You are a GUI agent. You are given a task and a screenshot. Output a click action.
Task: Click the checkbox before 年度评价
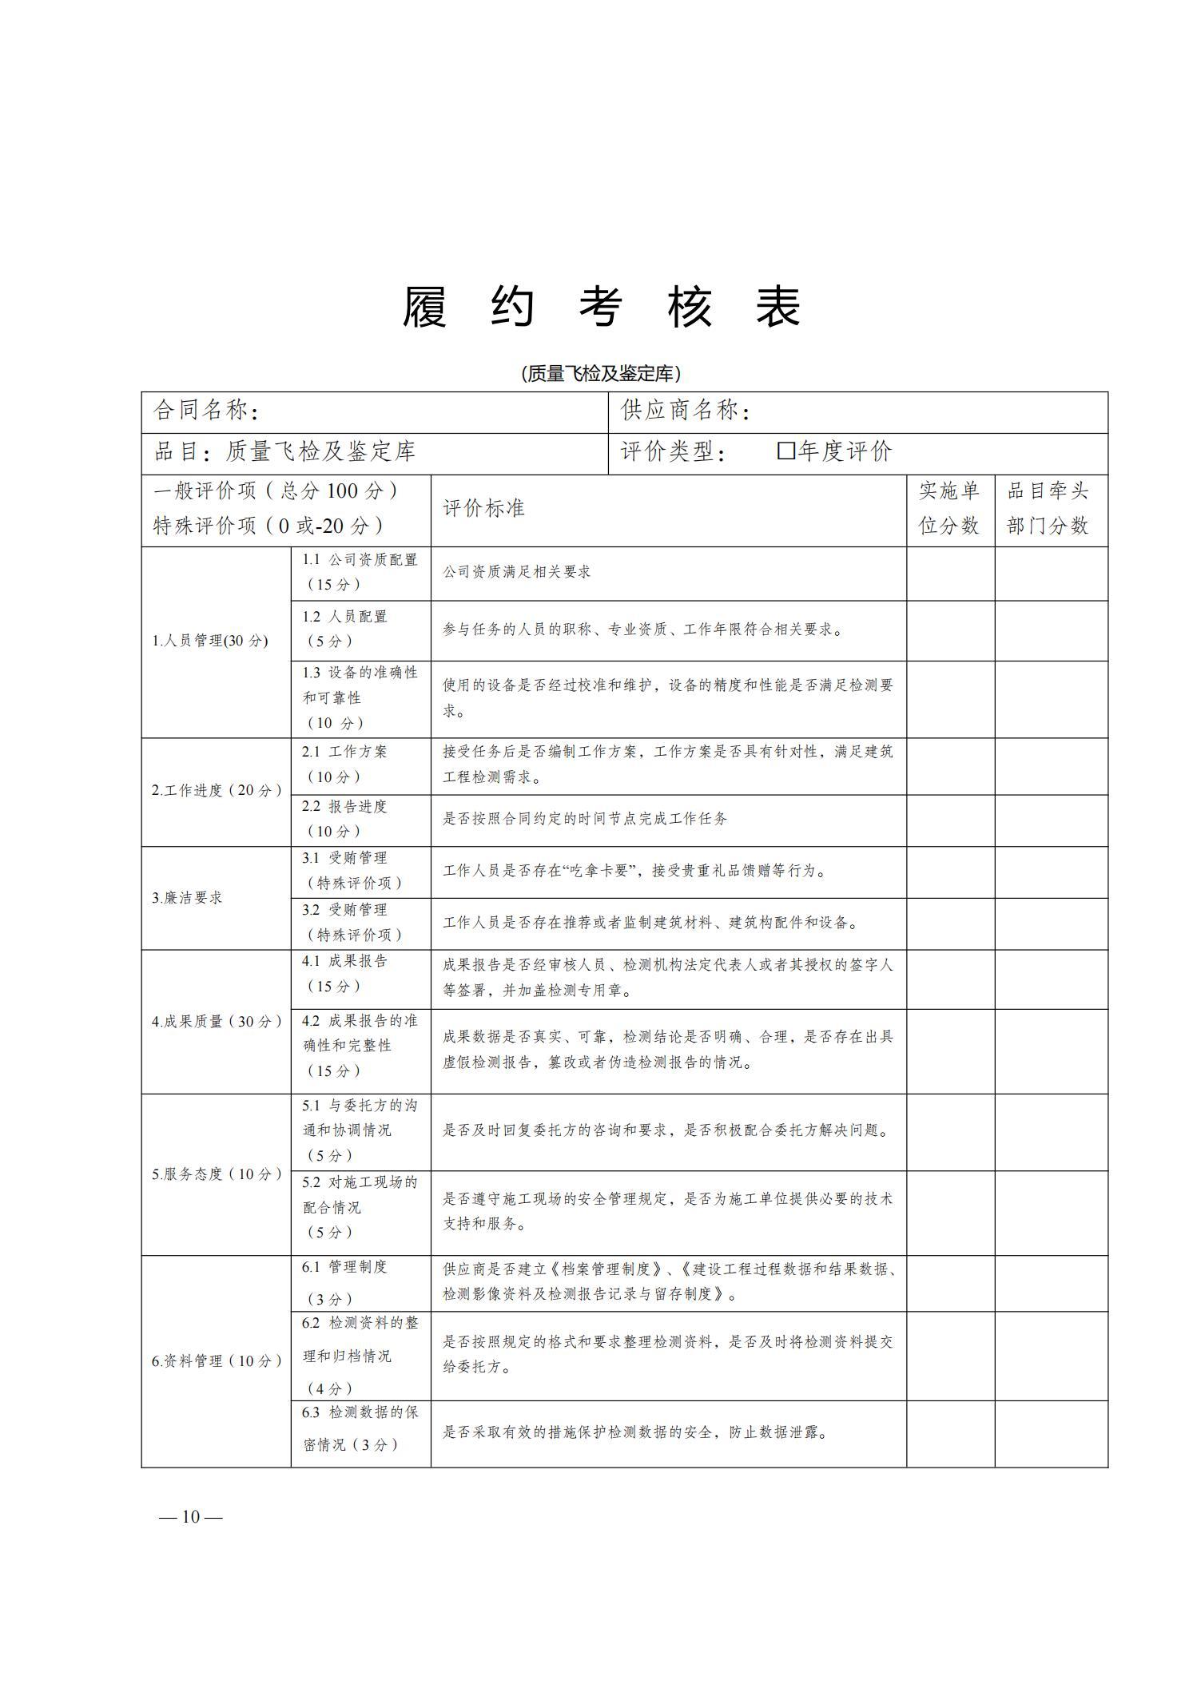point(785,451)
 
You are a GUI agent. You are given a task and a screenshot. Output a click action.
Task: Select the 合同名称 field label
point(206,411)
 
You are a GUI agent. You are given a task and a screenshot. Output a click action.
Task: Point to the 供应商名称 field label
point(686,411)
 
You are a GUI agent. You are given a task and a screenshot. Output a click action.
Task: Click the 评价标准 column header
point(483,508)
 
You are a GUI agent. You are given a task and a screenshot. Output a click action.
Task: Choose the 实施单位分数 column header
point(949,508)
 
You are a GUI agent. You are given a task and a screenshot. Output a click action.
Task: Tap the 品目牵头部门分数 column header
point(1048,508)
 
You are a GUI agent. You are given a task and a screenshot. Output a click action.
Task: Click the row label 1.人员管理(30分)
point(210,641)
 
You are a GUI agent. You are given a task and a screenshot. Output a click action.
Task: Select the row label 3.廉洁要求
point(188,897)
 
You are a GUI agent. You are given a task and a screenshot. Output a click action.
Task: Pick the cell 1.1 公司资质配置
point(360,572)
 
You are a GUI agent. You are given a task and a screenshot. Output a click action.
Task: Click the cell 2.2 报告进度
point(344,819)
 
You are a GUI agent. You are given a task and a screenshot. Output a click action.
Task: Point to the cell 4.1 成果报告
point(344,973)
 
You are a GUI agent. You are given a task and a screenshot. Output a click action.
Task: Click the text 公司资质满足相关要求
point(517,572)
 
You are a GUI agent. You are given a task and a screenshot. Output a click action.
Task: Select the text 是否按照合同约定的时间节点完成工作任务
point(585,819)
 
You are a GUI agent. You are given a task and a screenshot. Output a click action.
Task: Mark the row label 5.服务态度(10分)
point(217,1174)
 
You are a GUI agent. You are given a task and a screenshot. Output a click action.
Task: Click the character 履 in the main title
point(424,307)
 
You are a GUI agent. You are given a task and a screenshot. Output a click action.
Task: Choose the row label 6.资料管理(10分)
point(217,1360)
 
